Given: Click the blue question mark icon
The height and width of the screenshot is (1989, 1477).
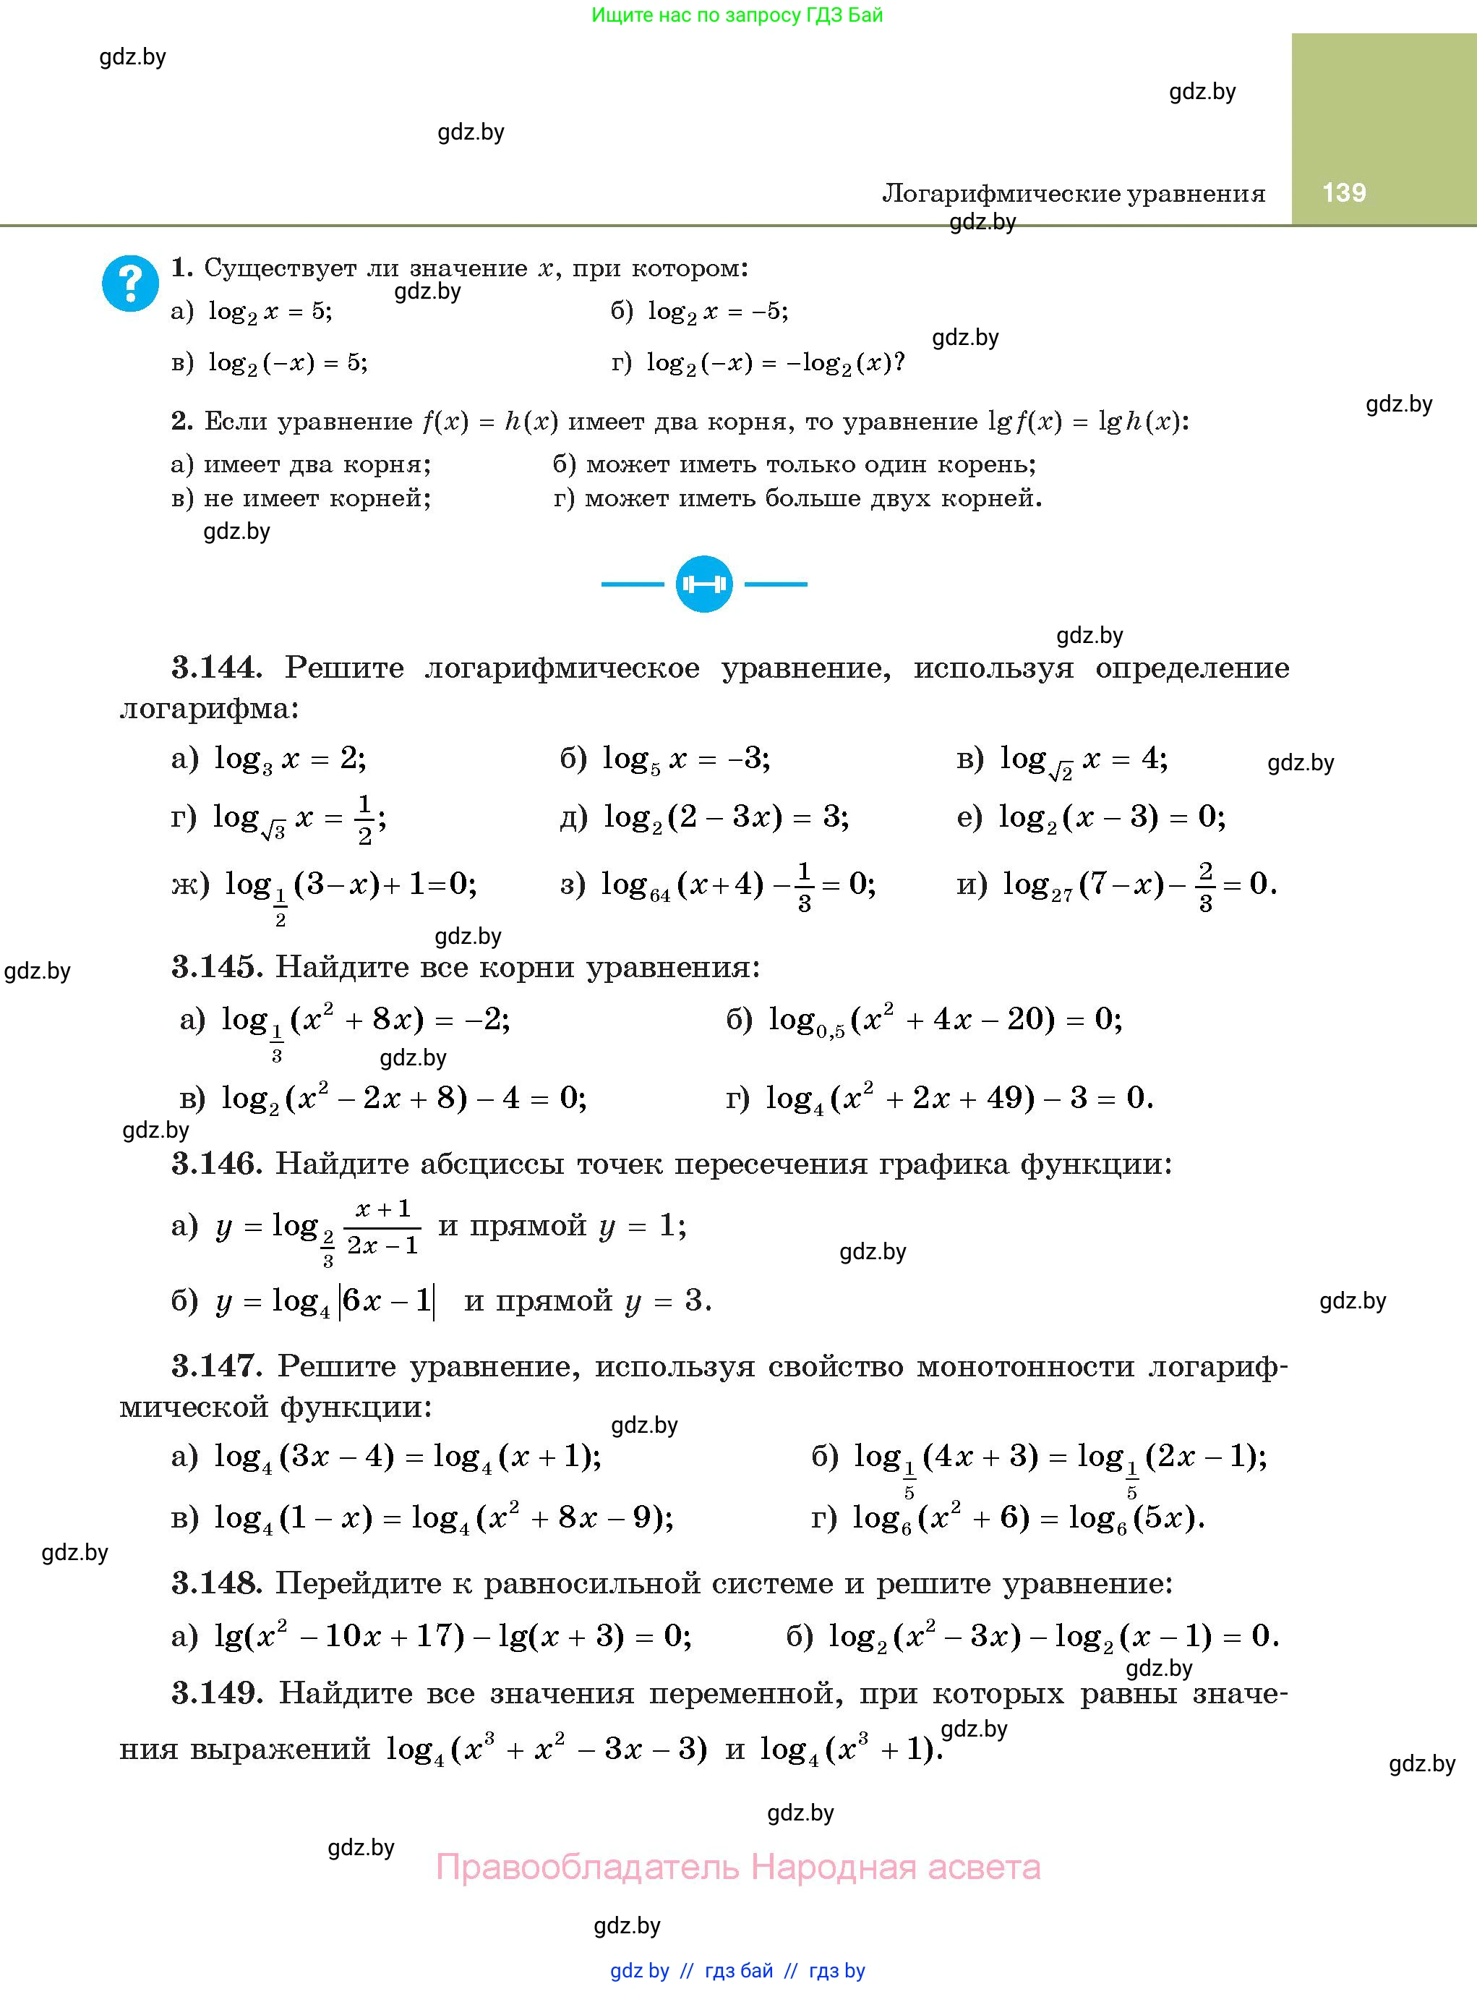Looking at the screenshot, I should point(131,284).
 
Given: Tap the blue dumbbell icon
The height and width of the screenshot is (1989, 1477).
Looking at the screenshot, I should point(703,584).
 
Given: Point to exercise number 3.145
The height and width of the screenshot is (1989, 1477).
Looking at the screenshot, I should point(216,967).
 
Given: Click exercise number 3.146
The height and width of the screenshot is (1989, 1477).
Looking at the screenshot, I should point(216,1164).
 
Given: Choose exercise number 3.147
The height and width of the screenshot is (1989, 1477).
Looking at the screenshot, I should point(216,1366).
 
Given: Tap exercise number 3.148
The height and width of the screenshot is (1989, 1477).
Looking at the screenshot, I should point(216,1583).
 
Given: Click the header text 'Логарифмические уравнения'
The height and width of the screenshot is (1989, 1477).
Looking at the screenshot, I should point(1073,193).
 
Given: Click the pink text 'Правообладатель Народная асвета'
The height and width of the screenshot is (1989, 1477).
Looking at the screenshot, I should point(737,1867).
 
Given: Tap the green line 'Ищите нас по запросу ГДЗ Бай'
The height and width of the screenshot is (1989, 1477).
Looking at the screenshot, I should point(737,15).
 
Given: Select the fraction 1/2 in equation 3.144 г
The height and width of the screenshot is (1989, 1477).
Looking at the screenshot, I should point(364,820).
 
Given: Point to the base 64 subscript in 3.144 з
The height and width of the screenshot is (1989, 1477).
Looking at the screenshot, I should point(660,895).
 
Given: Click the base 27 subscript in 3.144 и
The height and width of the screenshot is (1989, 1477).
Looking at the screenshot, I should point(1061,895).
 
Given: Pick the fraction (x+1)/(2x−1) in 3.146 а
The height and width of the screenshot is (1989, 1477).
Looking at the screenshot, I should point(382,1227).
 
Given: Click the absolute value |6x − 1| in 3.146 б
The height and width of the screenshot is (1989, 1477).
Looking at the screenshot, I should point(386,1300).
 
